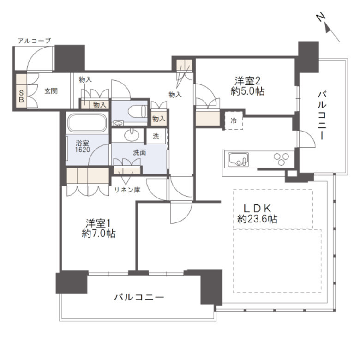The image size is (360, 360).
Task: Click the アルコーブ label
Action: pos(34,41)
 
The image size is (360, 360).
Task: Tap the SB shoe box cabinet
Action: pos(21,90)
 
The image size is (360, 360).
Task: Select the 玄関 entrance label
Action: pos(51,91)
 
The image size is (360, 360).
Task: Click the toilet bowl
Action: pos(137,112)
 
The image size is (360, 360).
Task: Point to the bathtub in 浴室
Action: pos(87,123)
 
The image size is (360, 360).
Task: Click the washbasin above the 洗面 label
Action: pos(132,135)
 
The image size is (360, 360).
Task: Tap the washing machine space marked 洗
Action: pos(156,136)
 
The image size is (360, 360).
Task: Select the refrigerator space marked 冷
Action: pos(233,120)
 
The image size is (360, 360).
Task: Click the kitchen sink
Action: pos(238,159)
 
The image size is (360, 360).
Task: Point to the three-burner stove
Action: pos(281,159)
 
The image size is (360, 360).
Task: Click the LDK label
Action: pos(258,209)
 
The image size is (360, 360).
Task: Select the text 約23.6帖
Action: pos(257,219)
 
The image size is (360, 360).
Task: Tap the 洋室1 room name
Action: pos(98,223)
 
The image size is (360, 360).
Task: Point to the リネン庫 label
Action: pos(127,190)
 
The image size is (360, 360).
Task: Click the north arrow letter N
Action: pos(321,17)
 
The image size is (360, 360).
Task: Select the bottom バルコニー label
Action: pos(139,298)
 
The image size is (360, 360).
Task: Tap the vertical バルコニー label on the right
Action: pos(322,115)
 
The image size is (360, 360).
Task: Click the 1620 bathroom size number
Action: pos(83,150)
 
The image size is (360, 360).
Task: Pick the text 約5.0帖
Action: pos(247,91)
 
